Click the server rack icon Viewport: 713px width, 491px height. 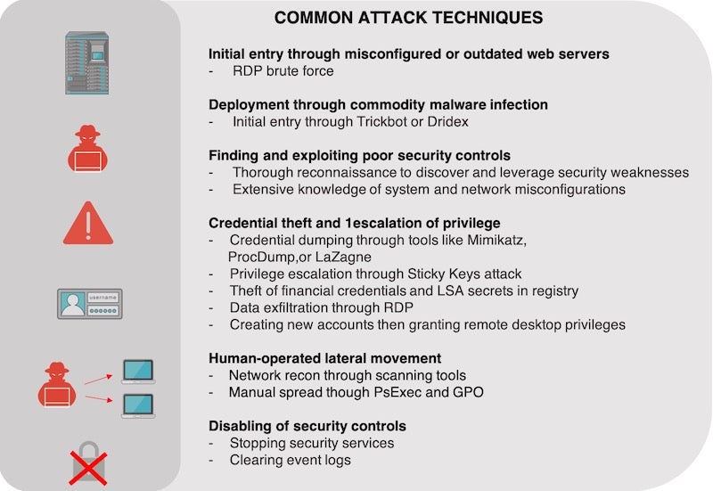pyautogui.click(x=86, y=62)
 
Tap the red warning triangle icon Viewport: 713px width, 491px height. pyautogui.click(x=88, y=223)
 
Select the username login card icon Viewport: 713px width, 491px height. pyautogui.click(x=90, y=304)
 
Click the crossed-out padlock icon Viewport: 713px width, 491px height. pyautogui.click(x=88, y=463)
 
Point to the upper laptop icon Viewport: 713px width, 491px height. pyautogui.click(x=138, y=372)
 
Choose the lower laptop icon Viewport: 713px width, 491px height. pyautogui.click(x=138, y=405)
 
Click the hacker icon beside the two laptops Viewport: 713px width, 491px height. pyautogui.click(x=57, y=385)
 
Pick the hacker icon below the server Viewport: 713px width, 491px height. pyautogui.click(x=87, y=149)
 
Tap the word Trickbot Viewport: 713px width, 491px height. pyautogui.click(x=381, y=122)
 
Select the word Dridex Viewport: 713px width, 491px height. pyautogui.click(x=448, y=122)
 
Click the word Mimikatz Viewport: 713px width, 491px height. pyautogui.click(x=497, y=240)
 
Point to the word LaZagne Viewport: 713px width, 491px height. pyautogui.click(x=343, y=257)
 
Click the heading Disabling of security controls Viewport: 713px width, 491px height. pyautogui.click(x=307, y=426)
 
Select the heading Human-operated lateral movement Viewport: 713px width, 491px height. pyautogui.click(x=324, y=358)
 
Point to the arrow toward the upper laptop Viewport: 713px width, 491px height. pyautogui.click(x=99, y=380)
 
